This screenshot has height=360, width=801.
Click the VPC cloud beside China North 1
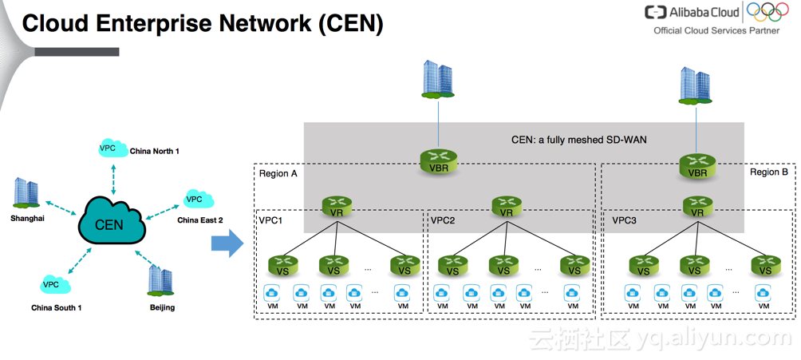109,148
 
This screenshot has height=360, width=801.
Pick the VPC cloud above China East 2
195,199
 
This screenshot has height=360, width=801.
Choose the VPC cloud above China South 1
53,284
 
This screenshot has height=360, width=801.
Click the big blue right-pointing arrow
227,242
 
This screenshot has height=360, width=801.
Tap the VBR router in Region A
437,164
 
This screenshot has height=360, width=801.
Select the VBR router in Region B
697,165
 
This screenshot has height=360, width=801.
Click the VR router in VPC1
337,207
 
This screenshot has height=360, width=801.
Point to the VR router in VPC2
507,207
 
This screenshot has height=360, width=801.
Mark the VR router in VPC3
697,207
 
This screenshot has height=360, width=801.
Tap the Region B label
768,172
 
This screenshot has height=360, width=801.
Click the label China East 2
199,220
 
